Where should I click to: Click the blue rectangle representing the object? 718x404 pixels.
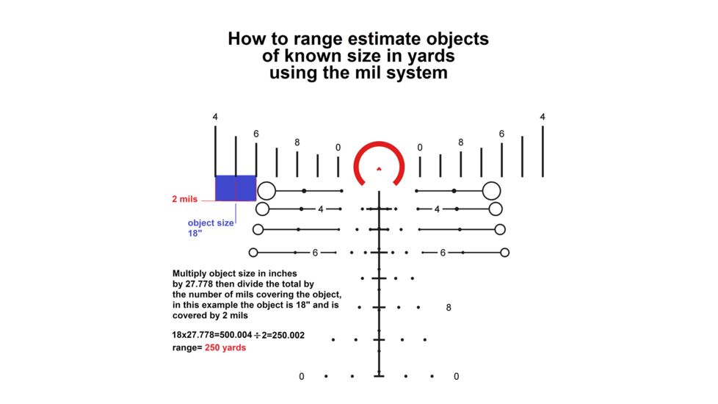tap(235, 188)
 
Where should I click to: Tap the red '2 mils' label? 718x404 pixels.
tap(184, 199)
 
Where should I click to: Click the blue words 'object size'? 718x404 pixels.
tap(211, 223)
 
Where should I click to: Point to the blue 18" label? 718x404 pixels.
tap(195, 233)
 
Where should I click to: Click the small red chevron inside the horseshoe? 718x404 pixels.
tap(379, 168)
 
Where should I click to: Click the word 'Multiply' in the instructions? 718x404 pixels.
tap(192, 273)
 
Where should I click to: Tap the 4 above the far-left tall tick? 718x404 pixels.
tap(215, 118)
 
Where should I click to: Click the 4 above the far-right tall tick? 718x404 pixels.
tap(543, 117)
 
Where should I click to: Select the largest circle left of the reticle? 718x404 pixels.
tap(266, 191)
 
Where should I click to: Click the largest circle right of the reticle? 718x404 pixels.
tap(492, 191)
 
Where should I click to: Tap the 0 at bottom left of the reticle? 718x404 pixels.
tap(301, 377)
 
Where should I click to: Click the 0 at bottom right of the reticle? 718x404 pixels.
tap(456, 377)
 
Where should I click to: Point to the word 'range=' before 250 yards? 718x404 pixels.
tap(186, 348)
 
